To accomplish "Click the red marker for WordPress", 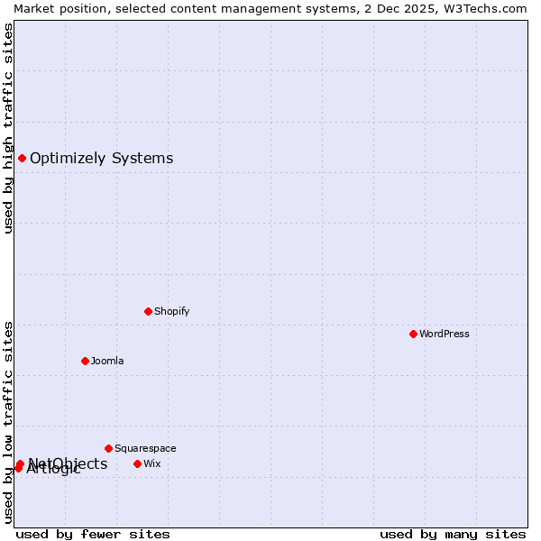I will tap(413, 334).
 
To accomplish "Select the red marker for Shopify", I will tap(148, 311).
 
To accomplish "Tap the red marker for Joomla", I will tap(85, 361).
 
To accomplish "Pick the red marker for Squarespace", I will tap(108, 448).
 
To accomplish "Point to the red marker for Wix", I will tap(137, 463).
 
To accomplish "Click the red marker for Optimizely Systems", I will tap(22, 159).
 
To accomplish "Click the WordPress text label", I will tap(445, 334).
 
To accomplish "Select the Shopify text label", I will tap(171, 311).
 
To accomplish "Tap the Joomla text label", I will tap(107, 361).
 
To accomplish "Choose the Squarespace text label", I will tap(145, 448).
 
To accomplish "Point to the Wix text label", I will tap(152, 463).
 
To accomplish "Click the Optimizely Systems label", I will tap(101, 159).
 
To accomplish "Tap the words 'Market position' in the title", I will tap(56, 8).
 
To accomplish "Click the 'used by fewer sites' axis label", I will tap(93, 534).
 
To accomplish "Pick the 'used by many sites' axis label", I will tap(453, 534).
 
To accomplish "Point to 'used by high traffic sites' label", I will tap(8, 128).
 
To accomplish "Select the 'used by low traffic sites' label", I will tap(8, 421).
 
